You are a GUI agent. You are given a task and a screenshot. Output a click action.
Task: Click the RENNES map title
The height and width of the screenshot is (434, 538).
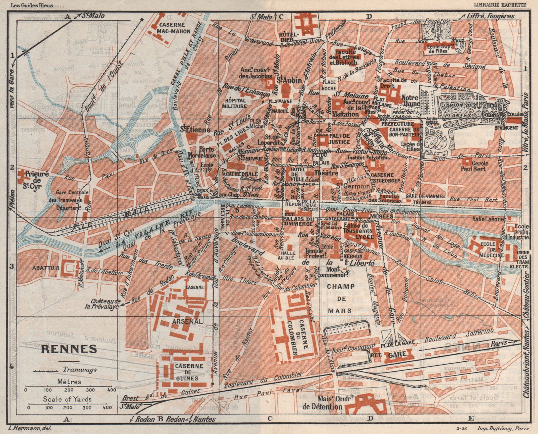click(69, 349)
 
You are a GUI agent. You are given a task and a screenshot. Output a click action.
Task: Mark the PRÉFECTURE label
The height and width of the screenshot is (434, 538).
click(397, 124)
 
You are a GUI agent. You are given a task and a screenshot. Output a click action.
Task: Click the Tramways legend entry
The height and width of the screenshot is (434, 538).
click(80, 369)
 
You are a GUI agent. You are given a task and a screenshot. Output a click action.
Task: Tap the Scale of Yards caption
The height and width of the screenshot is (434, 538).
click(67, 399)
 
